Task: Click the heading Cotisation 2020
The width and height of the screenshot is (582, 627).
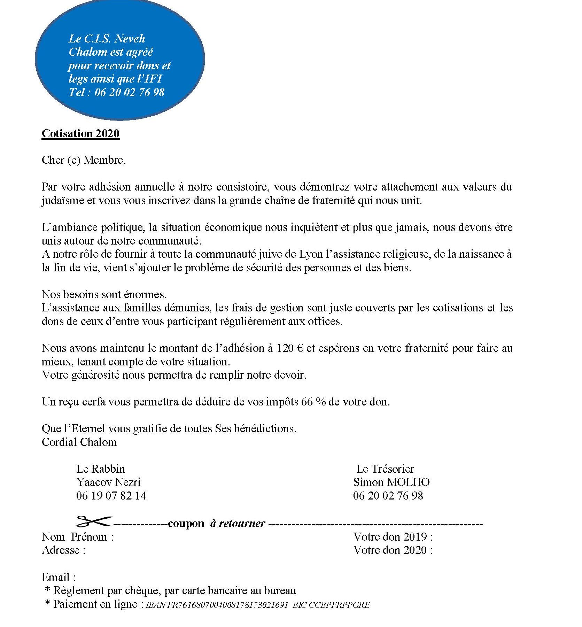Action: pyautogui.click(x=80, y=133)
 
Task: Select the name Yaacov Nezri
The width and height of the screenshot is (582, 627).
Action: pyautogui.click(x=108, y=482)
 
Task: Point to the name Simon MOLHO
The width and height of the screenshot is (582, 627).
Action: pyautogui.click(x=391, y=482)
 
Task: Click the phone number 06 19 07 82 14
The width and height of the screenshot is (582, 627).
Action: pyautogui.click(x=111, y=495)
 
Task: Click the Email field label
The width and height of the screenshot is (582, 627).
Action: pyautogui.click(x=58, y=577)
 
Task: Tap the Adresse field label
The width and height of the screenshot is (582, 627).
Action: pyautogui.click(x=63, y=550)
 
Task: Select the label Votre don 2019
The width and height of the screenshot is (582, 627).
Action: pyautogui.click(x=393, y=537)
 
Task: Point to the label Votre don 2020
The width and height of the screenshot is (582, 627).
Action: pyautogui.click(x=393, y=550)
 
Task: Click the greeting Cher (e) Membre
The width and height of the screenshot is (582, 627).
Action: pyautogui.click(x=83, y=160)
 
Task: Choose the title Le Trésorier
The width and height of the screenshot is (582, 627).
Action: pyautogui.click(x=385, y=469)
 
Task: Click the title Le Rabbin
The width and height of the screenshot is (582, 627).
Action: pyautogui.click(x=100, y=469)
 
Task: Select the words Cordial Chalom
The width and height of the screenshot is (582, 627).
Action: pyautogui.click(x=79, y=442)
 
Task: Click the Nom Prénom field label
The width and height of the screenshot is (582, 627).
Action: pyautogui.click(x=77, y=537)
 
